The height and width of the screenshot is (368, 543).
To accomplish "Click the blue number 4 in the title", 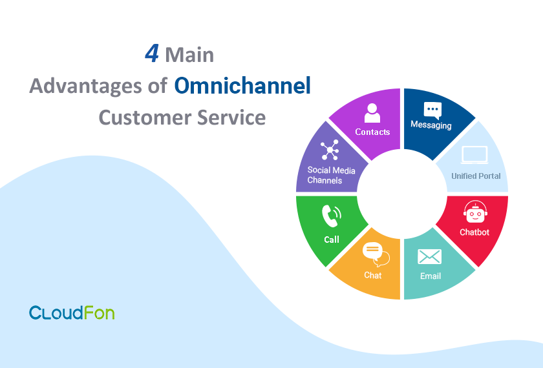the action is click(x=152, y=54).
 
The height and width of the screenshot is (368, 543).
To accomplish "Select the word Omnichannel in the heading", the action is click(x=242, y=85).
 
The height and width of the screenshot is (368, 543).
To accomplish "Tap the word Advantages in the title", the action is click(x=86, y=87).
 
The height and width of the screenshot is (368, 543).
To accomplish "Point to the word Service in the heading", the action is click(x=231, y=118).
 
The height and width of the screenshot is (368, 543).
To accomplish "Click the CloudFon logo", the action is click(x=72, y=312).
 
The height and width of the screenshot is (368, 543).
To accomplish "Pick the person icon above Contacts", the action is click(x=372, y=113).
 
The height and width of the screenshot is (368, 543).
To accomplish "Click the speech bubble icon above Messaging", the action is click(x=432, y=110).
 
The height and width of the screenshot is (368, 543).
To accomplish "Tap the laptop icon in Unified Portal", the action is click(x=474, y=155).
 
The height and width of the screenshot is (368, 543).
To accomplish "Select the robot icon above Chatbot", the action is click(x=475, y=212).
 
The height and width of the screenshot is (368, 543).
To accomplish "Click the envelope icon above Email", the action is click(x=429, y=257).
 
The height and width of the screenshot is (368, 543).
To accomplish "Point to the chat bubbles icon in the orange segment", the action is click(x=376, y=254).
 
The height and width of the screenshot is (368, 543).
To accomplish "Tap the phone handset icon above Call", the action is click(x=332, y=216).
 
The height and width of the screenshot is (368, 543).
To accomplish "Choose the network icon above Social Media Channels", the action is click(x=330, y=150).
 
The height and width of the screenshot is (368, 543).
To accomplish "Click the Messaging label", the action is click(x=431, y=125).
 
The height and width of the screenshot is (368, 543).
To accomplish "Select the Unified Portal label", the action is click(x=476, y=176).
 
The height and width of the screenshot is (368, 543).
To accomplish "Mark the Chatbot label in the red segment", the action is click(x=474, y=232).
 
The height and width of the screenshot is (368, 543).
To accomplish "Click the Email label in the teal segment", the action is click(x=431, y=276).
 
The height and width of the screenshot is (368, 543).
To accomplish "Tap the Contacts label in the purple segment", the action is click(x=372, y=132).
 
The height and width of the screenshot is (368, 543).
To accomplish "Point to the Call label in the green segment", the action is click(x=332, y=240).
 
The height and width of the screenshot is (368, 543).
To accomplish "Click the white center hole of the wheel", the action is click(x=401, y=194).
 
